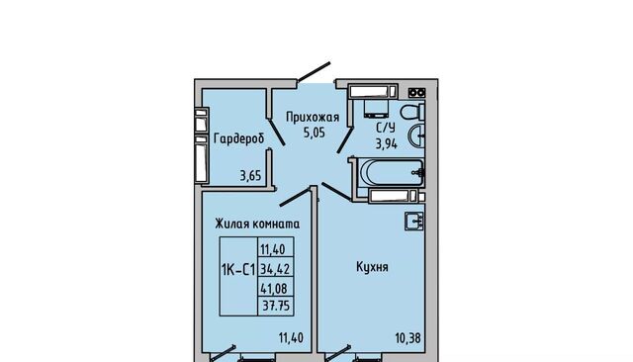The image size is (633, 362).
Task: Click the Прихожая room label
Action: pos(313,118)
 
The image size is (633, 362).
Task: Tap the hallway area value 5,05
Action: pos(315,133)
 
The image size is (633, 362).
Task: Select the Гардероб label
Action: pos(239,138)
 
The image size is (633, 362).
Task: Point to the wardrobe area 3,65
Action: pos(250,176)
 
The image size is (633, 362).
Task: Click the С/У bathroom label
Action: pos(386,128)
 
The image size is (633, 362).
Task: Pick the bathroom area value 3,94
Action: pos(387,143)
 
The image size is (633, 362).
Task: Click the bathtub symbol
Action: pos(392,173)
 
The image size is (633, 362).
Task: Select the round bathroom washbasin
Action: pos(416,136)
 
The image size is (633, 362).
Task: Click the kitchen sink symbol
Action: pos(415,222)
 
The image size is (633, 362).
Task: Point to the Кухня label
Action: pos(372,267)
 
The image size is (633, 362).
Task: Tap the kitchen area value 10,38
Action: pos(407,338)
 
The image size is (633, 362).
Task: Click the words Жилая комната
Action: pos(257,224)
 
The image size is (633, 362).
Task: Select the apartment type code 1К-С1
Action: pos(238,269)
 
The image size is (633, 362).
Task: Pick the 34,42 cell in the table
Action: pos(275,268)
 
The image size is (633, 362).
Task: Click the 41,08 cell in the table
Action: pos(275,288)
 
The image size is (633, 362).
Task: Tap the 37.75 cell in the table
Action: pos(276,306)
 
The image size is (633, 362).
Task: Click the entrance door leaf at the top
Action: pos(314,72)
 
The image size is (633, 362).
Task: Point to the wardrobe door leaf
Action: pos(276,131)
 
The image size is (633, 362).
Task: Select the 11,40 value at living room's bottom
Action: pos(291,337)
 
